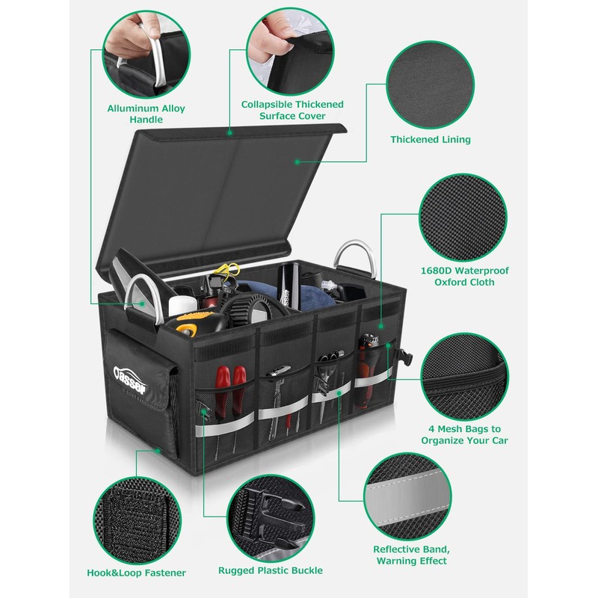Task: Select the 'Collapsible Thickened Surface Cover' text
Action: tap(292, 110)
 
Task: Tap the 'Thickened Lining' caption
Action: tap(431, 139)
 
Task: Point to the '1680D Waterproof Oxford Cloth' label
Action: tap(464, 276)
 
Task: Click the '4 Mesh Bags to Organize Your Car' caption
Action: tap(464, 434)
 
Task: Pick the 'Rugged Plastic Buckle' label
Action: tap(271, 570)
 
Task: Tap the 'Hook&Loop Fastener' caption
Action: tap(137, 573)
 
